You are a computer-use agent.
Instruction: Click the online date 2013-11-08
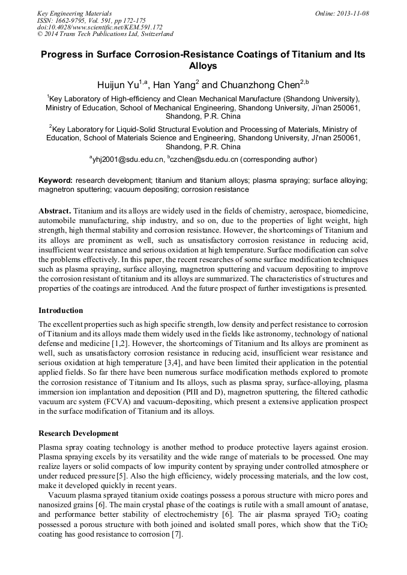351,13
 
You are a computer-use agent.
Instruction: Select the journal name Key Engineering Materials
74,13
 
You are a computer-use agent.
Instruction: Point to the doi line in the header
100,28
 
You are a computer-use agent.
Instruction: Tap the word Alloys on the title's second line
203,67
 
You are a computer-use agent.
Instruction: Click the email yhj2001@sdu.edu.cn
128,159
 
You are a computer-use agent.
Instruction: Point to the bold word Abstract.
55,212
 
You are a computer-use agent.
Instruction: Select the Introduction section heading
61,311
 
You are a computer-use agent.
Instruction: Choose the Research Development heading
78,433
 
